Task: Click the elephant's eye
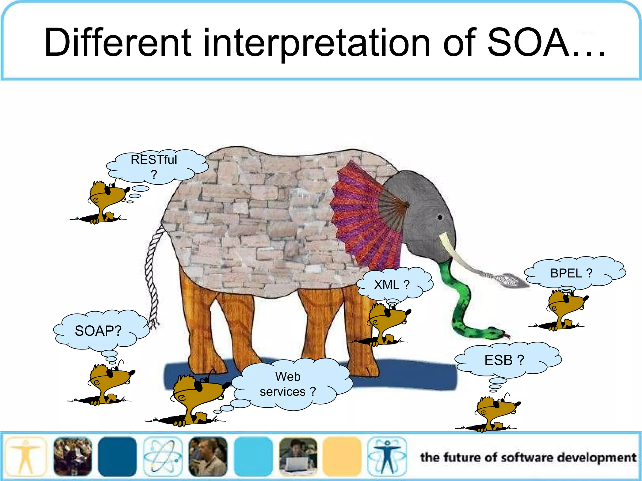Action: (440, 217)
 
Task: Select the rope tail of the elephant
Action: (152, 276)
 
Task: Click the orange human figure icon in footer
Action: (26, 457)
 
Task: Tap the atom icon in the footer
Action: (163, 457)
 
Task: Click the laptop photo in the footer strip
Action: (298, 457)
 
